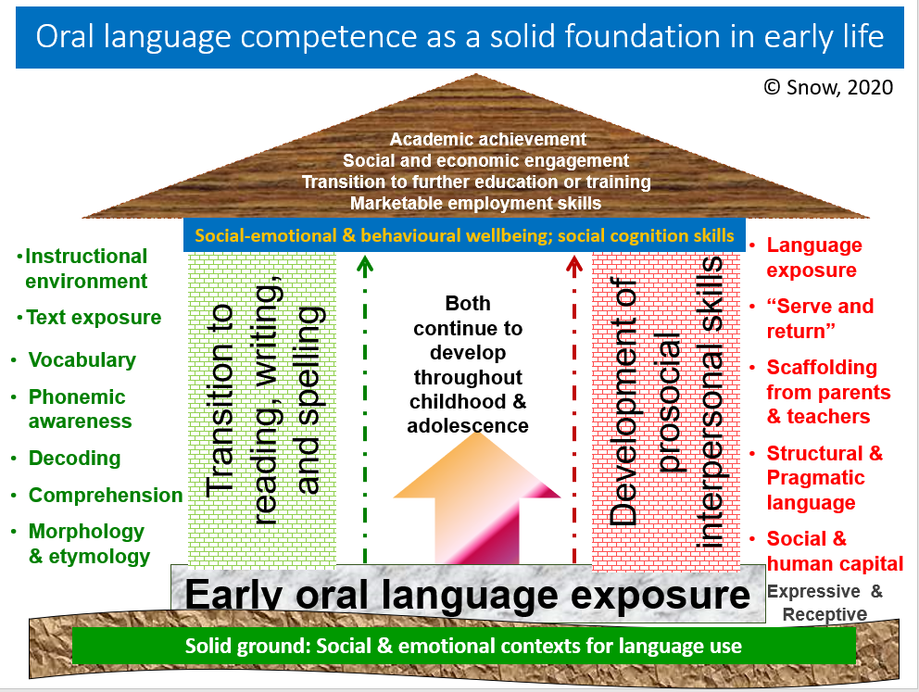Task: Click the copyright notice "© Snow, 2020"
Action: (828, 87)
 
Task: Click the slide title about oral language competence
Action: (459, 37)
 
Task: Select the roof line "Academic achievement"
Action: (488, 140)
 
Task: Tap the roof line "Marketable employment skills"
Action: (476, 203)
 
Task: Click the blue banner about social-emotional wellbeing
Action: (465, 236)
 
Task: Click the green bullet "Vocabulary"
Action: (82, 360)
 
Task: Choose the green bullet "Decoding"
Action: (74, 459)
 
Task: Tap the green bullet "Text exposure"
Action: (93, 318)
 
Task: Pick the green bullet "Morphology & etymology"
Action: (88, 544)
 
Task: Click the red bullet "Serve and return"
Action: (819, 319)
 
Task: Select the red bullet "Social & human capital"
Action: (834, 551)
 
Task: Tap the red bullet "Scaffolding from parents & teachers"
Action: (827, 392)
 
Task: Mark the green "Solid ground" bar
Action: (463, 646)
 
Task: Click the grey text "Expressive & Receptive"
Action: (825, 602)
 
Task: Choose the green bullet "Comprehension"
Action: (105, 496)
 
